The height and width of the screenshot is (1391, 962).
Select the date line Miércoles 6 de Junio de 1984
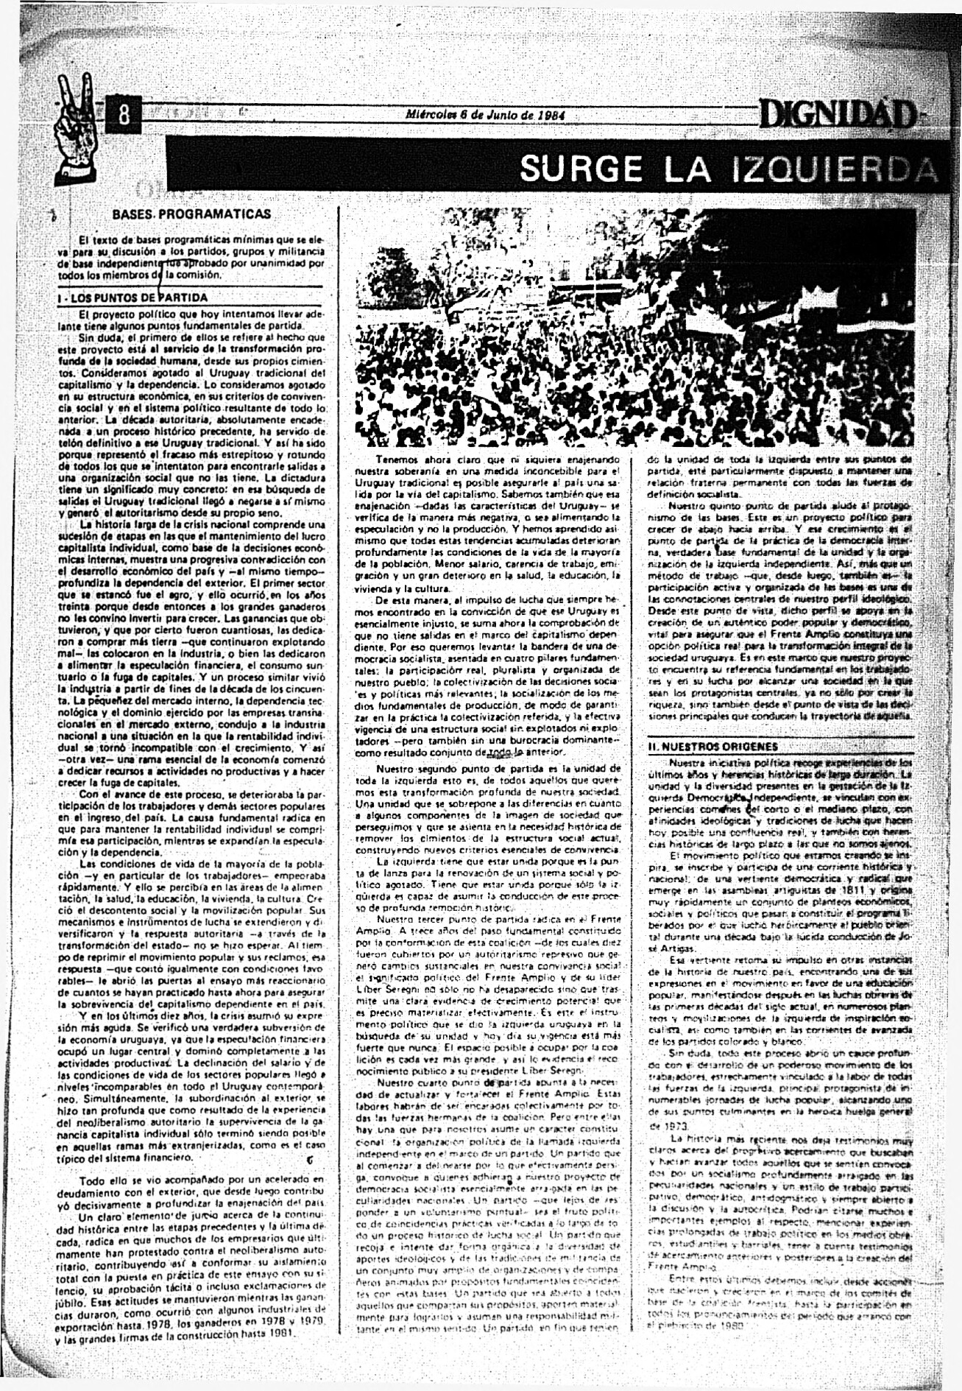pos(484,115)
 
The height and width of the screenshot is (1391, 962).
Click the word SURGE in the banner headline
pos(581,169)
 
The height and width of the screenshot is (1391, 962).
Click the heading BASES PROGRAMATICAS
pos(191,214)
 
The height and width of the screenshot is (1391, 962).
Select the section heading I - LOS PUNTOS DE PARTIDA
pos(133,298)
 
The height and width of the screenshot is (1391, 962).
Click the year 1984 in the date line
pos(551,115)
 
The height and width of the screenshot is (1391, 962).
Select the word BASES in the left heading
pos(132,214)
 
